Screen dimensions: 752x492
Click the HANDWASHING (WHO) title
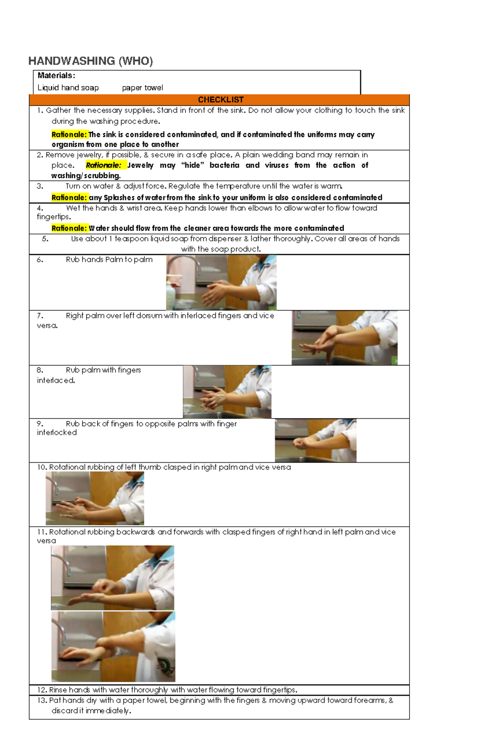(x=91, y=61)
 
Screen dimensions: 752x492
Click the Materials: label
(x=56, y=75)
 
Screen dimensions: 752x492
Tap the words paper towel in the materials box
(x=142, y=88)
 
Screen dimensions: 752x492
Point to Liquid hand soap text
(x=68, y=88)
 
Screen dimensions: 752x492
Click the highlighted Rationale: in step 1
(x=69, y=134)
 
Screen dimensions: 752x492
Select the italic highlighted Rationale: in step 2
(x=103, y=165)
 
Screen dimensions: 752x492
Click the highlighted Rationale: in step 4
(x=69, y=228)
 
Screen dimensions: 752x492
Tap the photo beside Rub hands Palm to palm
(x=221, y=282)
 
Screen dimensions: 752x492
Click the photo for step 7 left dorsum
(x=344, y=338)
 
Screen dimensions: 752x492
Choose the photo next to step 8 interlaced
(x=227, y=392)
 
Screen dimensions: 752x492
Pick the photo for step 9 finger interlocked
(x=315, y=441)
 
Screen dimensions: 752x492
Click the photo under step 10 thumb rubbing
(x=95, y=498)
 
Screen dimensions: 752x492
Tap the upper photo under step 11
(x=112, y=577)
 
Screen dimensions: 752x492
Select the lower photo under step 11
(x=113, y=646)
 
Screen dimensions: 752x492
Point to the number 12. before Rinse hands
(x=42, y=690)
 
